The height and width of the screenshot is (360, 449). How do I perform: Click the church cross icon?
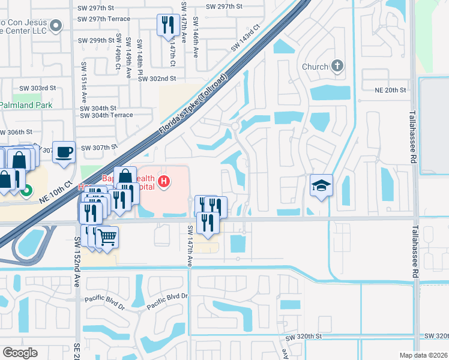tap(337, 66)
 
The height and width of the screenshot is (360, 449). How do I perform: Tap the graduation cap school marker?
tap(321, 186)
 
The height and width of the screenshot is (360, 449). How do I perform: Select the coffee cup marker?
tap(63, 152)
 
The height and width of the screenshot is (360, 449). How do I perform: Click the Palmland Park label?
tap(26, 105)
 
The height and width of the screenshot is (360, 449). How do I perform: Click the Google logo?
tap(20, 352)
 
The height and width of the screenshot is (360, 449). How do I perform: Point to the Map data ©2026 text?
tap(423, 355)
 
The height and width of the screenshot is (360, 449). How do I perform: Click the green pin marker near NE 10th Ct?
tap(26, 192)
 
